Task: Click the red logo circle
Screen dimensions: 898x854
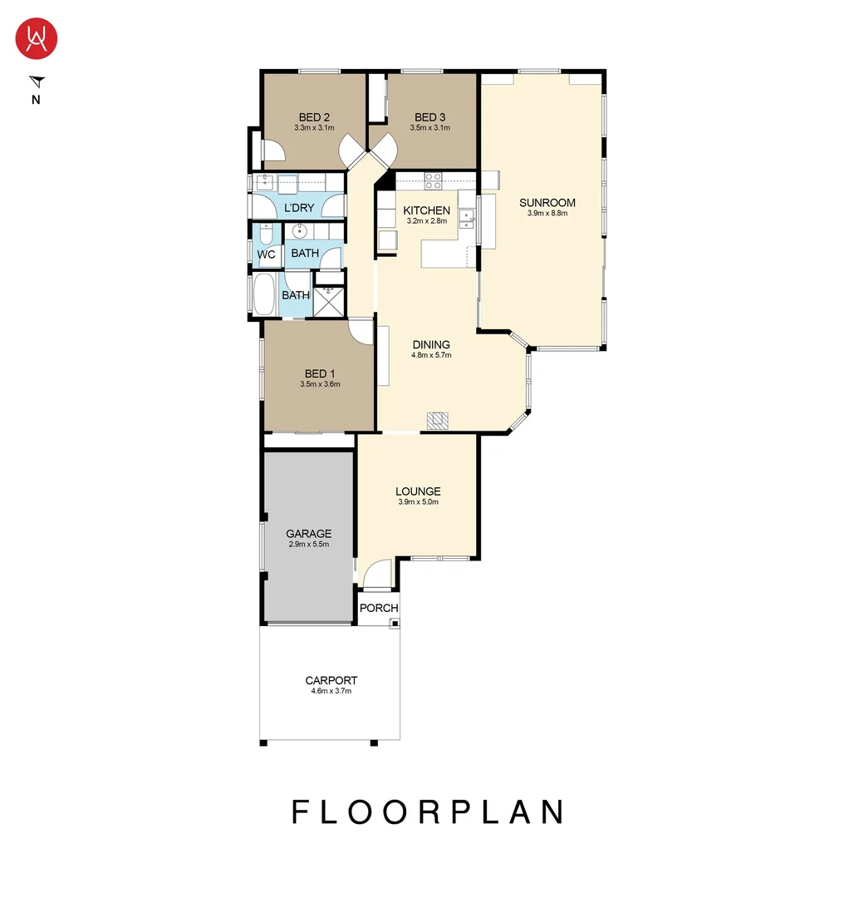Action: point(37,39)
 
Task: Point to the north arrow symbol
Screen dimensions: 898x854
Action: point(37,81)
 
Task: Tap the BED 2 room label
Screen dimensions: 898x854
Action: point(315,117)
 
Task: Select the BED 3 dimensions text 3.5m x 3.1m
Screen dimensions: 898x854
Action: point(429,128)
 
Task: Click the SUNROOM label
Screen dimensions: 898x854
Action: point(547,203)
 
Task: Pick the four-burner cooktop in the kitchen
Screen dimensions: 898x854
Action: point(433,179)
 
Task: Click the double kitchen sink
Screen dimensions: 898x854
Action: point(467,219)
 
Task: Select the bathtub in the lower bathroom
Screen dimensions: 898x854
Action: point(263,295)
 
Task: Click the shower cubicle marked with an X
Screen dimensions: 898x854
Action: point(328,303)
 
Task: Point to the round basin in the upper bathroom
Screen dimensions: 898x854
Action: point(300,231)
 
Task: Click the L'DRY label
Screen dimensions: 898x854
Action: point(299,208)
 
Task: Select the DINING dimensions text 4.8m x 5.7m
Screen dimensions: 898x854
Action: point(430,356)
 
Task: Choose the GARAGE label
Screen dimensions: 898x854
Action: point(308,534)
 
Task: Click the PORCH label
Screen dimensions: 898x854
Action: point(378,609)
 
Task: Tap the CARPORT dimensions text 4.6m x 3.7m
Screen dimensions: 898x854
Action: point(331,691)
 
